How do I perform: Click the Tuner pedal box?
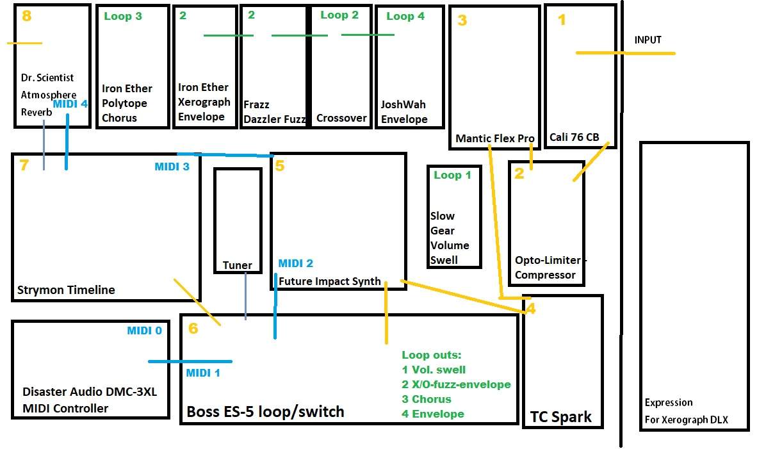coord(238,169)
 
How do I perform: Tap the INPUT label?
coord(648,40)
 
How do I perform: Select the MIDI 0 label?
coord(145,331)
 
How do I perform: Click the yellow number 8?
coord(27,15)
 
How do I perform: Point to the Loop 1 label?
coord(452,175)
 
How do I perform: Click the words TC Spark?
coord(561,417)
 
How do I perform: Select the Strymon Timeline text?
coord(66,290)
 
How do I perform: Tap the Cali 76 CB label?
coord(574,137)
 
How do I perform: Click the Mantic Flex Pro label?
coord(495,138)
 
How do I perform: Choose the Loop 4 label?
coord(405,16)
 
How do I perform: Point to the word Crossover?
coord(341,118)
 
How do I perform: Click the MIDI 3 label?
coord(172,167)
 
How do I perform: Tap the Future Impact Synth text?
coord(330,281)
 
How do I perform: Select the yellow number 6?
coord(193,328)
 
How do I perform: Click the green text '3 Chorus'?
coord(427,399)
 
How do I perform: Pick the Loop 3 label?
coord(123,16)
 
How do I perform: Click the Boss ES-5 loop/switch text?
coord(265,412)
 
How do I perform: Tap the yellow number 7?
coord(24,165)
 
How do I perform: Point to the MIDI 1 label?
coord(203,373)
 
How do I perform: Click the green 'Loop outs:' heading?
coord(432,355)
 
